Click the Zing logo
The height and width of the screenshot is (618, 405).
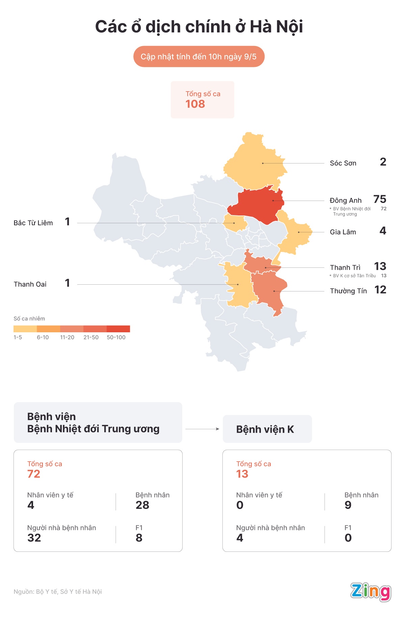[370, 592]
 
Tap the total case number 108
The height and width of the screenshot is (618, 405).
[195, 104]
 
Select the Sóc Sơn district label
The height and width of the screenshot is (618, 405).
[343, 163]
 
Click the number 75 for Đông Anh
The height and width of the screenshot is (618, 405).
[380, 199]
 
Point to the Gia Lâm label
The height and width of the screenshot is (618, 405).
[343, 232]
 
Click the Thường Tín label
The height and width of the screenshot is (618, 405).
[348, 291]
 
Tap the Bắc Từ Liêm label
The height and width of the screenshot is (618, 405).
[33, 223]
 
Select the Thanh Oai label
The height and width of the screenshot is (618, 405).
[30, 284]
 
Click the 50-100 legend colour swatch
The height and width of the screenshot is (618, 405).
[118, 329]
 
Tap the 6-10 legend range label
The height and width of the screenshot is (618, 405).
[43, 337]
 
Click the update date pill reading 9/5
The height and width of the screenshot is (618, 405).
[198, 57]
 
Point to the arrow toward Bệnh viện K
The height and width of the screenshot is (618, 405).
[202, 429]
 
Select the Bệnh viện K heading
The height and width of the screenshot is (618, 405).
[265, 429]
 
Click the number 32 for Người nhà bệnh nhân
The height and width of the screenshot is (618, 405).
[34, 538]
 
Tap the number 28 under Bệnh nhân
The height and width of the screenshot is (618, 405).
[142, 505]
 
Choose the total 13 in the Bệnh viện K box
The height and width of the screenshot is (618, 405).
[242, 474]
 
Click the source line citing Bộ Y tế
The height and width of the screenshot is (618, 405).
[58, 592]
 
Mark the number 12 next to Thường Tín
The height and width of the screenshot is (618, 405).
[380, 290]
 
